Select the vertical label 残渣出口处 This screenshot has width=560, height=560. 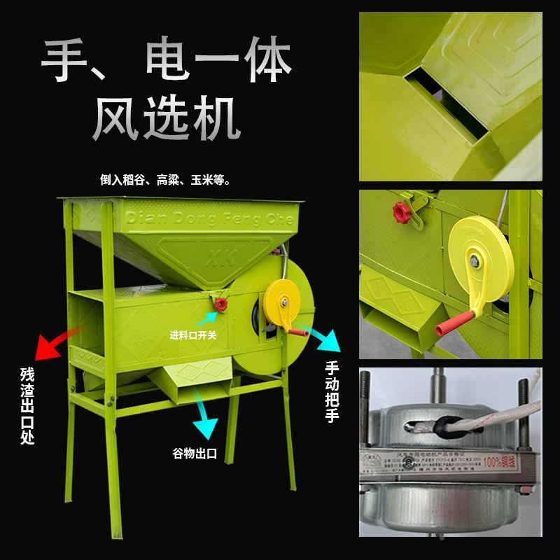(x=27, y=406)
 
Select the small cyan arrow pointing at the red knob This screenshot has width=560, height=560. (x=209, y=319)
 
